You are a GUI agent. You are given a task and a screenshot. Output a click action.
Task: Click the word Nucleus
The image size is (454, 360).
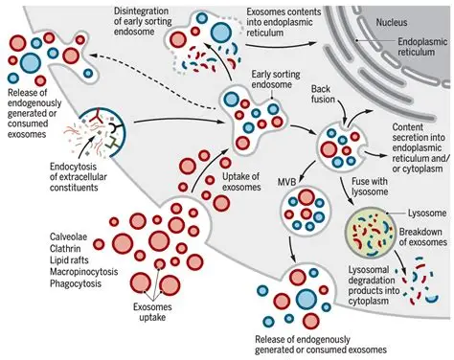[x=392, y=23]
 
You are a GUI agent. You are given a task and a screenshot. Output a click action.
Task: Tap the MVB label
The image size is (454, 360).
[x=286, y=182]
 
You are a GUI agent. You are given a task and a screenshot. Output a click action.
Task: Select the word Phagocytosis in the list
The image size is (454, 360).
[x=76, y=283]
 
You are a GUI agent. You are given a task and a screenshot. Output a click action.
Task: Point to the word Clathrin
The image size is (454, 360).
[x=65, y=248]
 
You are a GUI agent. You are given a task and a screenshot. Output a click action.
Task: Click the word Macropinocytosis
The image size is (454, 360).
[x=83, y=272]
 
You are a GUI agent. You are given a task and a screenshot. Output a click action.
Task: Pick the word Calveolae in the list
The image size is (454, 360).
[x=68, y=236]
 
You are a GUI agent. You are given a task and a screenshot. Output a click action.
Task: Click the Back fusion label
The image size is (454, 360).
[x=323, y=94]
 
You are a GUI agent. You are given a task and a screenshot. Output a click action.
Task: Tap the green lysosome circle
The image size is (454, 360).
[x=370, y=236]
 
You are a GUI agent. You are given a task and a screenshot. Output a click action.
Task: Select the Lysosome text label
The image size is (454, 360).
[x=427, y=213]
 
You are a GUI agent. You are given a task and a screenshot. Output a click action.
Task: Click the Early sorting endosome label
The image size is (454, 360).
[x=276, y=79]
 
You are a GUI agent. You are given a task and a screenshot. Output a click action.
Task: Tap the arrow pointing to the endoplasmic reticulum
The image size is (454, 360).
[x=281, y=45]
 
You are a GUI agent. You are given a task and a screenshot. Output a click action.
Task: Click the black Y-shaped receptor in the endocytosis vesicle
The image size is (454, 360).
[x=114, y=128]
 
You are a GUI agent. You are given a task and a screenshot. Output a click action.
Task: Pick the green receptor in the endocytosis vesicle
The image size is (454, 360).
[x=112, y=143]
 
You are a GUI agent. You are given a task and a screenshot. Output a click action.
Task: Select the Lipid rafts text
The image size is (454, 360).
[x=69, y=260]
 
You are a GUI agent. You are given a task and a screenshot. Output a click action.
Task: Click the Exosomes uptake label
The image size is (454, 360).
[x=152, y=312]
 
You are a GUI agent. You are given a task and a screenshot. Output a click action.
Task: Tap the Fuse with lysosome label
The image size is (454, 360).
[x=370, y=187]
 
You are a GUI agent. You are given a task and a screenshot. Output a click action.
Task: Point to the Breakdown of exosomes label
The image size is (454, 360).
[x=422, y=236]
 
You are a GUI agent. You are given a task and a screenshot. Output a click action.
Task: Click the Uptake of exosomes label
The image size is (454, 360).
[x=241, y=182]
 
